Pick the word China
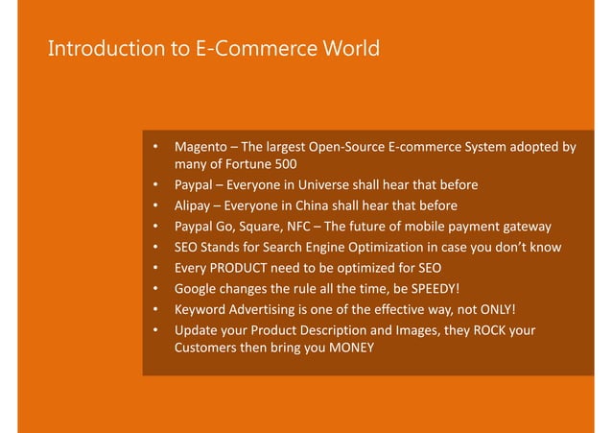[326, 206]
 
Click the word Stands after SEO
[224, 248]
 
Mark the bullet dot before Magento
[153, 148]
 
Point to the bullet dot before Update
[153, 330]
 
